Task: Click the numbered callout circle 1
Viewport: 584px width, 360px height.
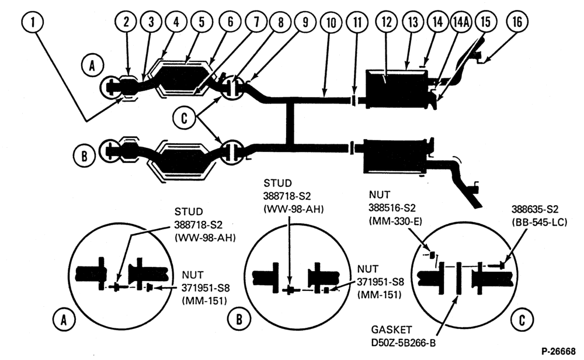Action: (x=32, y=22)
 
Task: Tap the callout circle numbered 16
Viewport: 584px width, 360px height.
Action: (x=517, y=22)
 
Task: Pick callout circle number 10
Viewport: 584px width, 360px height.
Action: (x=331, y=22)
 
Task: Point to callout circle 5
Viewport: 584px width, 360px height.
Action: (x=201, y=22)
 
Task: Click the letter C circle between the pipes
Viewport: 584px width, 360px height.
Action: (x=184, y=118)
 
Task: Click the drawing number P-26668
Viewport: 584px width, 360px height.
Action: (x=558, y=351)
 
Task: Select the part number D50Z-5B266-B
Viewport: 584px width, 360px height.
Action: (x=403, y=342)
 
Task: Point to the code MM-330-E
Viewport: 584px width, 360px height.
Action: (x=395, y=221)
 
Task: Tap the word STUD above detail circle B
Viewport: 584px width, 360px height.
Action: (x=277, y=184)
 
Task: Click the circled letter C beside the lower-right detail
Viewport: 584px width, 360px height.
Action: (x=522, y=319)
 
